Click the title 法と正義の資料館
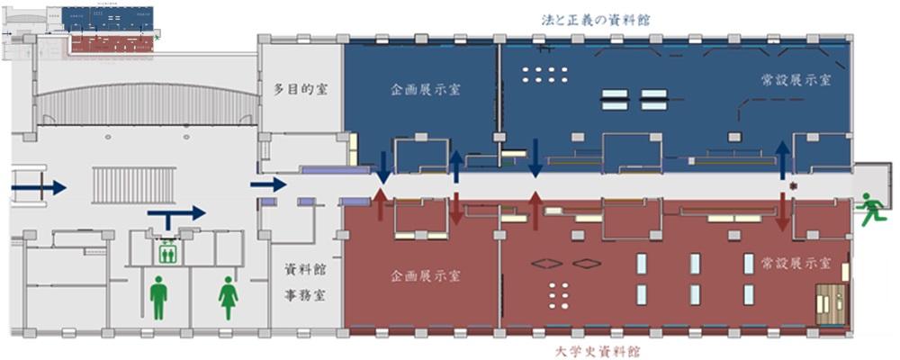596,18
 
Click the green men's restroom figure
159,298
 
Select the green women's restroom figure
228,298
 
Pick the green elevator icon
166,254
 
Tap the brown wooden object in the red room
831,303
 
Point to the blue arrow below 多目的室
267,184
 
